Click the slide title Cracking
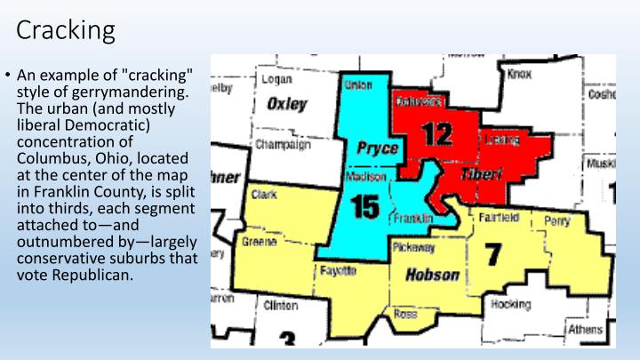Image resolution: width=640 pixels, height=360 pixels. pos(66,30)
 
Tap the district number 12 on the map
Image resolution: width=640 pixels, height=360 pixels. pos(436,133)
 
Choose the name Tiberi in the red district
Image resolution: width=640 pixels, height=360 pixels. pos(481,175)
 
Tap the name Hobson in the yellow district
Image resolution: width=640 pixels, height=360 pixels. pos(432,275)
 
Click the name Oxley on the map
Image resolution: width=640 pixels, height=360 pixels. pos(287,104)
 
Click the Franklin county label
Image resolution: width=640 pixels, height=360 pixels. pos(412,218)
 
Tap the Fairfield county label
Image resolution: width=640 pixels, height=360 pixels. pos(499,215)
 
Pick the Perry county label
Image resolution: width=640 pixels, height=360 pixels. pos(556,220)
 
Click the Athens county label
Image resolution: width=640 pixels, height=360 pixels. pos(584,330)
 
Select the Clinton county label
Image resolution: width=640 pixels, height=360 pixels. pos(280,305)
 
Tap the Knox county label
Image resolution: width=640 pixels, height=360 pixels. pos(518,75)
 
